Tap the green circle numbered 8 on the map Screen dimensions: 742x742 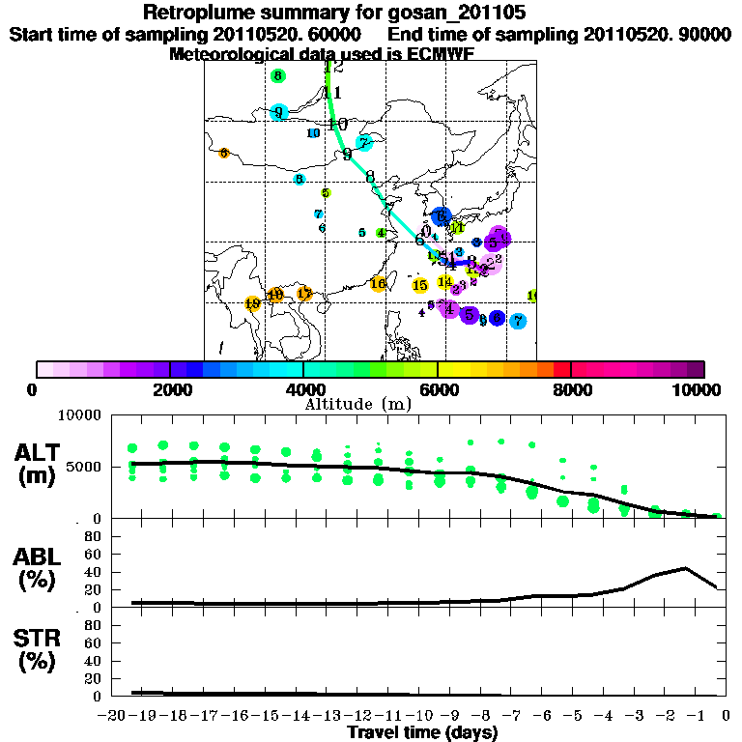tap(278, 76)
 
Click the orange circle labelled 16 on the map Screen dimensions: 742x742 tap(379, 284)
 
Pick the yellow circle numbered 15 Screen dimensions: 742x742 tap(420, 285)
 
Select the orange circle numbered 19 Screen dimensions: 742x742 tap(253, 304)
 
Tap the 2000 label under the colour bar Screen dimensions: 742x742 tap(169, 390)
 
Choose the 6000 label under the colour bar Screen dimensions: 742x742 tap(438, 390)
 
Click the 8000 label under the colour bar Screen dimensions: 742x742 tap(571, 390)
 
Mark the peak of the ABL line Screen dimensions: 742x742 tap(685, 568)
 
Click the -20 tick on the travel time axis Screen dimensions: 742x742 tap(113, 715)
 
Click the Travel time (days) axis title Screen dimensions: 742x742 tap(421, 732)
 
